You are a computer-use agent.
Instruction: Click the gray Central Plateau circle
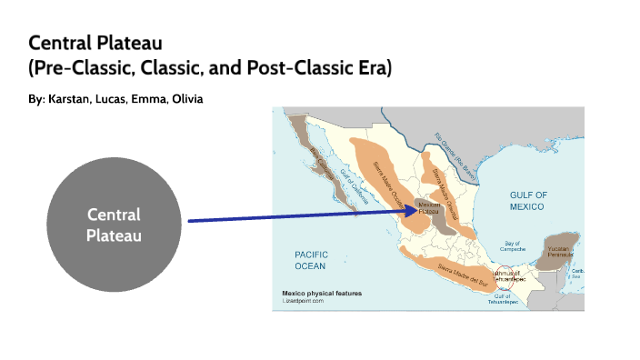pos(114,224)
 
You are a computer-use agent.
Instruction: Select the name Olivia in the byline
pos(183,98)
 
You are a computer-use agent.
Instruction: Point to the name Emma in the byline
pos(145,98)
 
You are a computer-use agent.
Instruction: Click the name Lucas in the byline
pos(113,98)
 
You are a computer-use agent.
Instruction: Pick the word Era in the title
pos(372,69)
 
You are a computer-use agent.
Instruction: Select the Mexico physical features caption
pos(321,293)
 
